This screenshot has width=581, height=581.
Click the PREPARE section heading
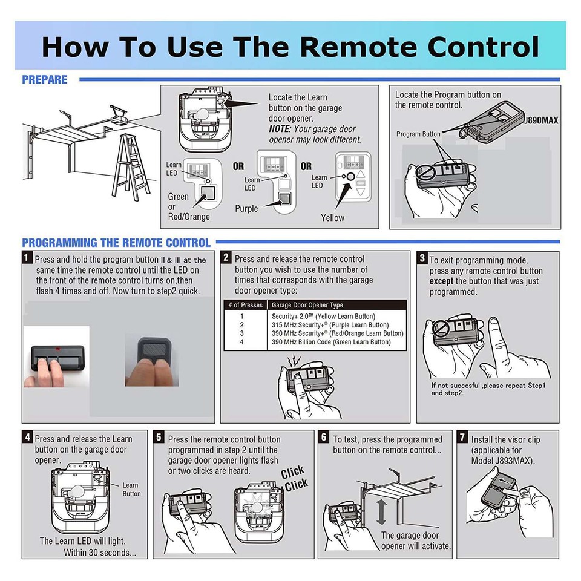[x=45, y=79]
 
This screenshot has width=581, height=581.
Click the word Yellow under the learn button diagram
[x=332, y=217]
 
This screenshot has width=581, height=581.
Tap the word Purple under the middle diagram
[x=246, y=209]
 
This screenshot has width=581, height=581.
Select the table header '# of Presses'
[x=246, y=305]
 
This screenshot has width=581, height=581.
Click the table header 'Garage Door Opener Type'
[x=307, y=305]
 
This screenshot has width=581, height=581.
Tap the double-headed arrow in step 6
[x=381, y=511]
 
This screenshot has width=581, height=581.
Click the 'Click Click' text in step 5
[x=295, y=478]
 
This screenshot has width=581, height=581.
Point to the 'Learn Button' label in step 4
[x=131, y=489]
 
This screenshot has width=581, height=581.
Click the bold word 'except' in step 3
[x=442, y=281]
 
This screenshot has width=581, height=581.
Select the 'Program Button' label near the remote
[x=419, y=134]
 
